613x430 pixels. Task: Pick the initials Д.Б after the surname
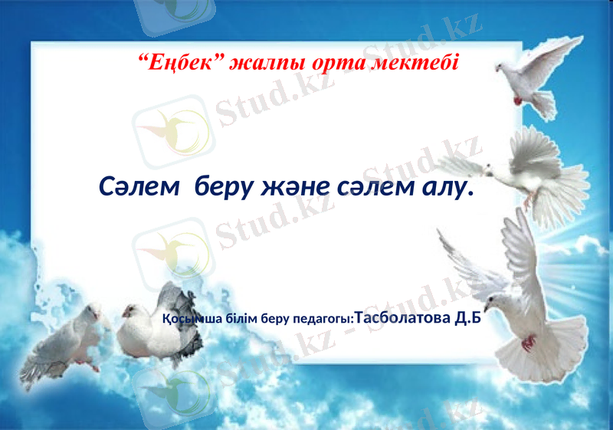pos(468,317)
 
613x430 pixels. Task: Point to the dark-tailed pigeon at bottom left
pos(161,326)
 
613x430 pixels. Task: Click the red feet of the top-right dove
pos(519,100)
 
